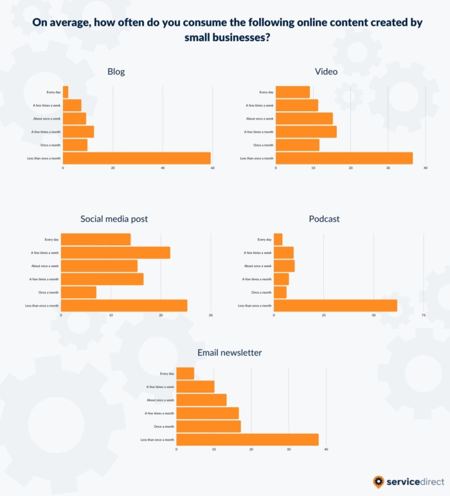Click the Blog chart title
(116, 71)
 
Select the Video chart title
(326, 71)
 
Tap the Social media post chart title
(114, 219)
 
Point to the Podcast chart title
(324, 219)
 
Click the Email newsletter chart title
(230, 353)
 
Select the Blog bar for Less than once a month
(137, 158)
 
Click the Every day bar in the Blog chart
(66, 92)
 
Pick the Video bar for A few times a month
(306, 132)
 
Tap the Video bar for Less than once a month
(344, 158)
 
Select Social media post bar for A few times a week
(116, 252)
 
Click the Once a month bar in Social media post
(78, 292)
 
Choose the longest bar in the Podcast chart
(335, 306)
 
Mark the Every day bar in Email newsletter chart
(185, 373)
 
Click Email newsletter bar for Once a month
(208, 426)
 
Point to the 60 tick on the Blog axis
(212, 168)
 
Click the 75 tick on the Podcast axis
(423, 315)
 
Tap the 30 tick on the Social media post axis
(211, 315)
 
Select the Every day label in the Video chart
(266, 92)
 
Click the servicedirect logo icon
(379, 482)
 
